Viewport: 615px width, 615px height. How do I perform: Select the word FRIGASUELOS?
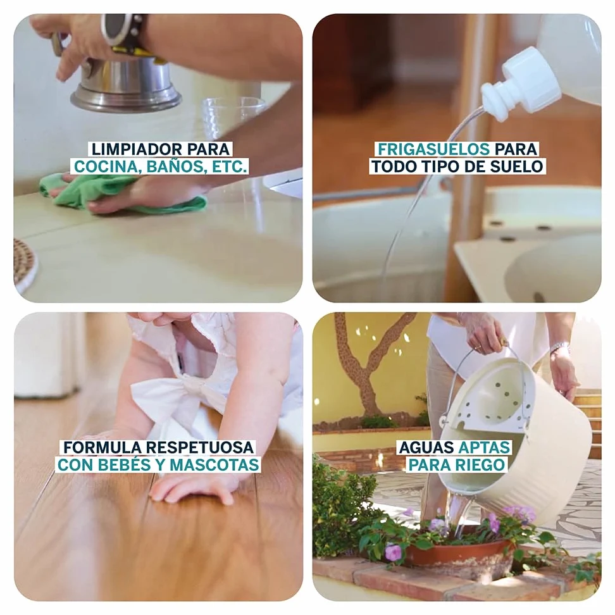[434, 149]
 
